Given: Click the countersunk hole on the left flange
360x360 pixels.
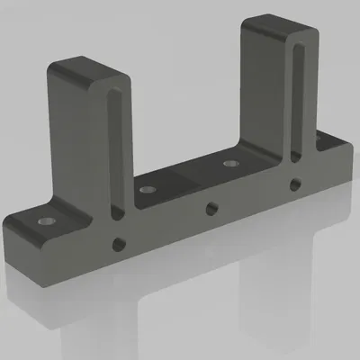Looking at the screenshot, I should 44,219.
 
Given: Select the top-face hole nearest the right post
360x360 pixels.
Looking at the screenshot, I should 230,165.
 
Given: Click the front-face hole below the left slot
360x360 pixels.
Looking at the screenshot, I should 117,243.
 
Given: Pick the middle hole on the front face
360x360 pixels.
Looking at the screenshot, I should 210,209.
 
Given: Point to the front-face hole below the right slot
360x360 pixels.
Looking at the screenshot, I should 294,184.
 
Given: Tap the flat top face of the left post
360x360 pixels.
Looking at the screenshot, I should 85,70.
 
